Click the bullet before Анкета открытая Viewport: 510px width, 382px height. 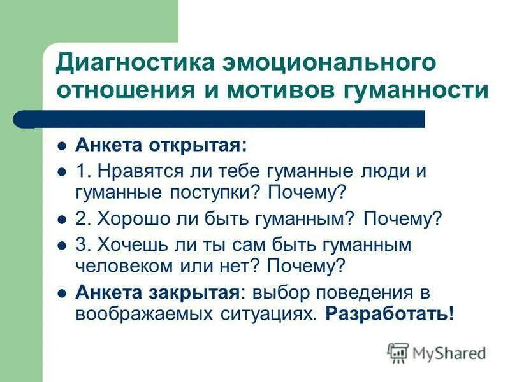click(62, 145)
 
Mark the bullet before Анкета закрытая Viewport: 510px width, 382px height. click(62, 293)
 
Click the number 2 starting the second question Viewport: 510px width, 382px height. click(81, 218)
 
